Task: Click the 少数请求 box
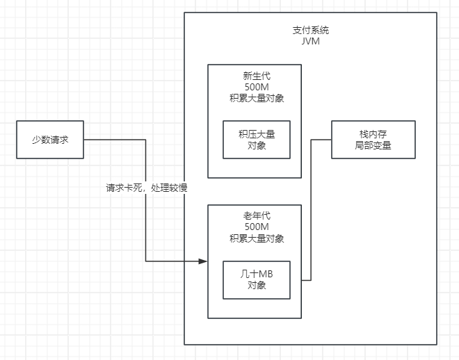click(50, 139)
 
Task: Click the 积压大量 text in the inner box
click(257, 134)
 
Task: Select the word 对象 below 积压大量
click(257, 145)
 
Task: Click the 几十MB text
click(257, 275)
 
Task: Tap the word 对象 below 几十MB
click(257, 286)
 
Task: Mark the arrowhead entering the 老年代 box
click(203, 261)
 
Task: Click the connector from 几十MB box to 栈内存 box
click(311, 208)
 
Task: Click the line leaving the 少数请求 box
click(115, 140)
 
